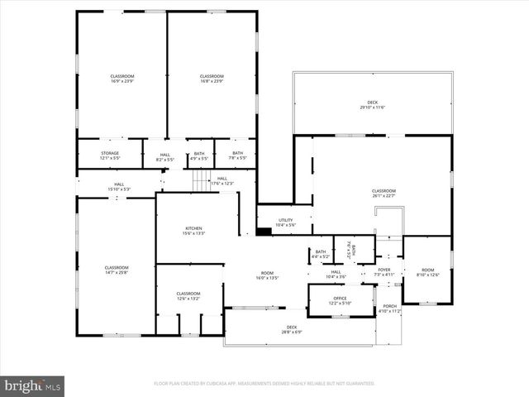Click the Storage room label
[110, 153]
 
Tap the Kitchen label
[193, 228]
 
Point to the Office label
[340, 298]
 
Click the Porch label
[388, 306]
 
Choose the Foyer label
[384, 270]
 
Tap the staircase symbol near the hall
[203, 181]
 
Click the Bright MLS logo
[33, 385]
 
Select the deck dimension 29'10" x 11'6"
[373, 108]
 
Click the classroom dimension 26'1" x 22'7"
[384, 196]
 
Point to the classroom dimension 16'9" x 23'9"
[122, 82]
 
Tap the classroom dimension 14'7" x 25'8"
[117, 272]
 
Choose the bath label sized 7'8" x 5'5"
[237, 157]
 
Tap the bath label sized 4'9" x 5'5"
[199, 157]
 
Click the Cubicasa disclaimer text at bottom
[264, 384]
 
